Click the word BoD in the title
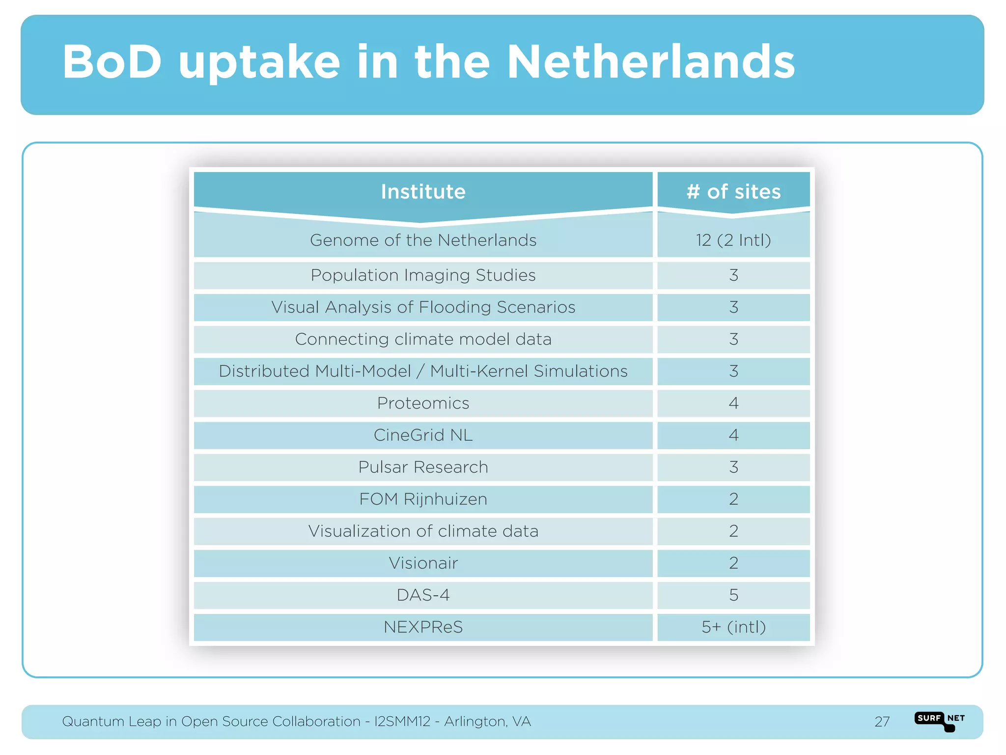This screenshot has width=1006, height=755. coord(112,62)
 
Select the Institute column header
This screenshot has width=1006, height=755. coord(423,192)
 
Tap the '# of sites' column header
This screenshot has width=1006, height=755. coord(733,192)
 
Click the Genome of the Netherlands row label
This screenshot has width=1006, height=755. coord(423,240)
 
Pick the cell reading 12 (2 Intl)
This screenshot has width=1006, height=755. coord(733,240)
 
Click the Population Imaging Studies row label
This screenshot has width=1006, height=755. coord(423,275)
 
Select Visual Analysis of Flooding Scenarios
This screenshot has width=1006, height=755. coord(423,307)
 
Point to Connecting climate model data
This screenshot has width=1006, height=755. coord(423,339)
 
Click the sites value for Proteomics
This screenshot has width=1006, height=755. coord(733,403)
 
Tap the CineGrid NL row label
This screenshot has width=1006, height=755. coord(423,435)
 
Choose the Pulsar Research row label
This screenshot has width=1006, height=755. coord(423,467)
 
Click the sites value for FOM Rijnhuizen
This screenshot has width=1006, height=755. coord(733,499)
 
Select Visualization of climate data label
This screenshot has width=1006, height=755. coord(423,531)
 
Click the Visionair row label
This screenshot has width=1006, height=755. coord(423,563)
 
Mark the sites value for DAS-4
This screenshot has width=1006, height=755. coord(733,595)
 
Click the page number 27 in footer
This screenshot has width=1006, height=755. coord(882,722)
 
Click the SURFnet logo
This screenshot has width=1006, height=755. coord(939,720)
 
